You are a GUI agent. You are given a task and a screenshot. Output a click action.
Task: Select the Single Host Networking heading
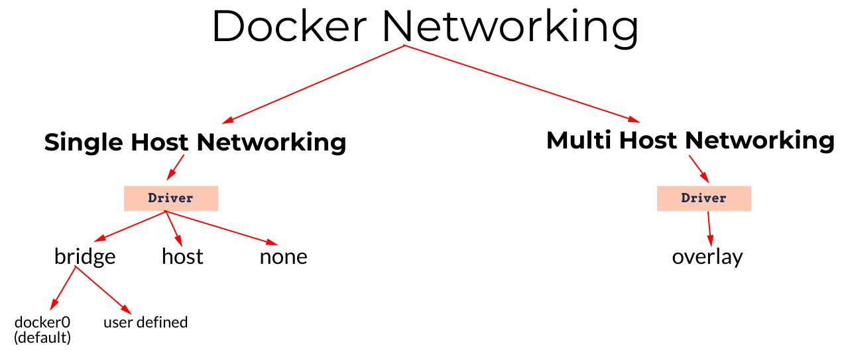click(195, 142)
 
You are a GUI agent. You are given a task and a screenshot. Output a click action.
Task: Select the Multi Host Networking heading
click(690, 141)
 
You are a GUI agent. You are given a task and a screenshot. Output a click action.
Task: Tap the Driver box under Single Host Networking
click(171, 198)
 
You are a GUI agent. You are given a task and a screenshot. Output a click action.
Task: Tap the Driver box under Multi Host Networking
click(703, 198)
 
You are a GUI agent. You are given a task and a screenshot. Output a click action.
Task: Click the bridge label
click(85, 257)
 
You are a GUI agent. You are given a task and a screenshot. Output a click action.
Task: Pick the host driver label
click(182, 257)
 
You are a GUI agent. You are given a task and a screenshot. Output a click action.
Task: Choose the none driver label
click(283, 257)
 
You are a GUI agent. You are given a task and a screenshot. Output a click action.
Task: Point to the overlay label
click(707, 257)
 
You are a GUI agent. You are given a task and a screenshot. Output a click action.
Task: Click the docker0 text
click(42, 322)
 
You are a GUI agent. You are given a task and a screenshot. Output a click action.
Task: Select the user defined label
click(146, 322)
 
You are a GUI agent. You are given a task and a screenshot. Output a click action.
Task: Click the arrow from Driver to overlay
click(709, 229)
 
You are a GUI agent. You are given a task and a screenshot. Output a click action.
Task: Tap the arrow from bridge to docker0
click(64, 288)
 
